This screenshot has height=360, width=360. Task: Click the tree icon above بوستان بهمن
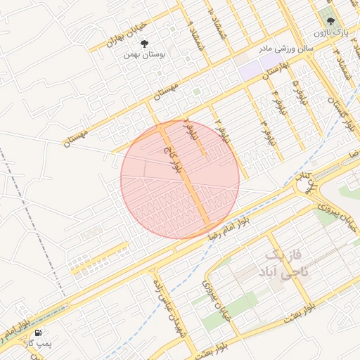pos(144,44)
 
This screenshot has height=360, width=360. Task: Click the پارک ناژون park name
pos(329,32)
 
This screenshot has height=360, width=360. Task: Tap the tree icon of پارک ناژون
pos(332,21)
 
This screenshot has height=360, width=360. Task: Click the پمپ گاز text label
pos(34,344)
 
